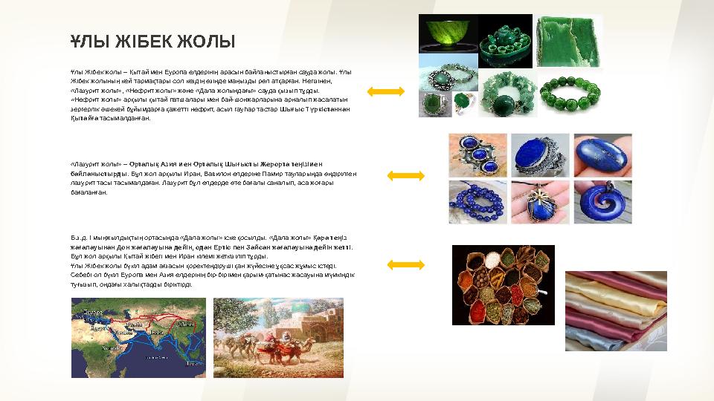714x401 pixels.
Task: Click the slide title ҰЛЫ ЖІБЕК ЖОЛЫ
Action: [x=152, y=41]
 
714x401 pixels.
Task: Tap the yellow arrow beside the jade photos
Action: [x=385, y=91]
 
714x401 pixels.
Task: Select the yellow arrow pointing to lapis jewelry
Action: [x=406, y=176]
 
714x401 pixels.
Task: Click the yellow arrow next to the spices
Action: [x=406, y=264]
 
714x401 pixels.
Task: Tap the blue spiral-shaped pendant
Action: [x=602, y=203]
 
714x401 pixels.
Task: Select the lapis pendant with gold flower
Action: [x=541, y=202]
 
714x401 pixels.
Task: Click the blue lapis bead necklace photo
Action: [x=477, y=203]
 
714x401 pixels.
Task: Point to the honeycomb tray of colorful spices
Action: [x=503, y=284]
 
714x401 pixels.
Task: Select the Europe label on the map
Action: [x=92, y=312]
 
